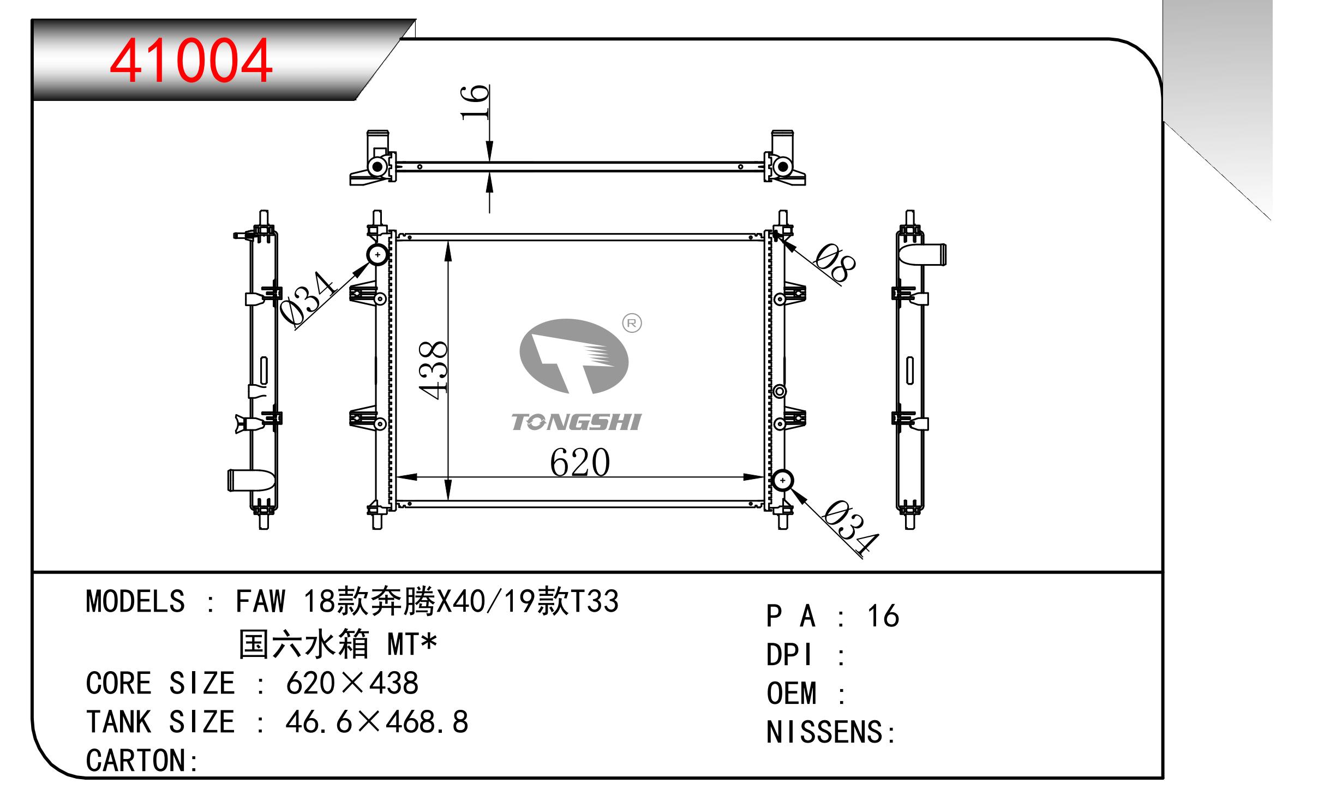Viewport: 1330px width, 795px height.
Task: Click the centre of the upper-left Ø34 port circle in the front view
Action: coord(378,255)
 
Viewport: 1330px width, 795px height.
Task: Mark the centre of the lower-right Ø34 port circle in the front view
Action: coord(783,480)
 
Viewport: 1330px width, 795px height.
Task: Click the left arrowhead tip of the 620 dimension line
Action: coord(397,477)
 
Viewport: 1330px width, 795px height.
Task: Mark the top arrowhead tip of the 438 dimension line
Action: coord(448,241)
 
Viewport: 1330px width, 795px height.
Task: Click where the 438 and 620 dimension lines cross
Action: coord(448,477)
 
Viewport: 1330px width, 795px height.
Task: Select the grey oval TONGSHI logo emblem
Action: coord(574,356)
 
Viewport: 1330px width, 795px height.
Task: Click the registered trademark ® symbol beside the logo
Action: coord(632,324)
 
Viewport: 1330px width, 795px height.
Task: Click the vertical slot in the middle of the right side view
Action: coord(910,370)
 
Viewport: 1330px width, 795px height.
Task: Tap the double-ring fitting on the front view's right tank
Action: coord(780,391)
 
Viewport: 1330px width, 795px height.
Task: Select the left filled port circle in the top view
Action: coord(377,166)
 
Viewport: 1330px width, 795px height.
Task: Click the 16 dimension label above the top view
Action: coord(475,102)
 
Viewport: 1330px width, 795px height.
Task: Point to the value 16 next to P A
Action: coord(883,616)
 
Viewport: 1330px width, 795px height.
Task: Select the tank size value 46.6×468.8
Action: coord(377,721)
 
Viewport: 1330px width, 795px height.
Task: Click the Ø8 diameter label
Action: coord(835,264)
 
